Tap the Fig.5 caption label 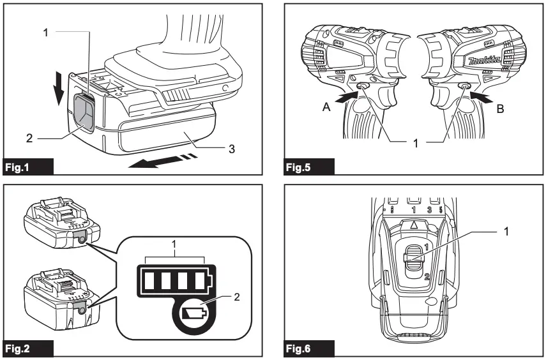[x=301, y=168]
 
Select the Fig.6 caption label [x=301, y=349]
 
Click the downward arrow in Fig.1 [x=59, y=89]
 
